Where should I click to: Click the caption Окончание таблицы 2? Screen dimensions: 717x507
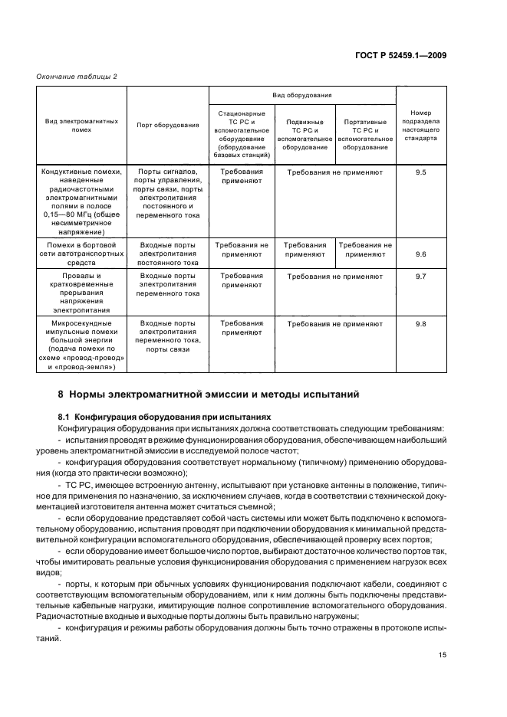[77, 75]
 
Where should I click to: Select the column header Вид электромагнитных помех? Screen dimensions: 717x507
[81, 125]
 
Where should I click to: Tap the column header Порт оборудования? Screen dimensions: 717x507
[167, 125]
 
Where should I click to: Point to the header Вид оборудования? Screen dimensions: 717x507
[302, 96]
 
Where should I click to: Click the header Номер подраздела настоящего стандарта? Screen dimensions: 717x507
[420, 125]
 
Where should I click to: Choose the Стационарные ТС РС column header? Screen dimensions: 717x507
[241, 134]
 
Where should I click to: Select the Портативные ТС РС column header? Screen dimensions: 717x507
[365, 134]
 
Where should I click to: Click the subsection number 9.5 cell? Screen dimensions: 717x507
[420, 172]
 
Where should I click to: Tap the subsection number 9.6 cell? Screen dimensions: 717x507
[420, 254]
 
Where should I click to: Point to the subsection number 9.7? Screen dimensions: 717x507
[420, 276]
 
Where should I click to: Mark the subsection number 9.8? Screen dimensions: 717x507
[420, 324]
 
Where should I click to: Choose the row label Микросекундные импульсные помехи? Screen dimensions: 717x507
[81, 345]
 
